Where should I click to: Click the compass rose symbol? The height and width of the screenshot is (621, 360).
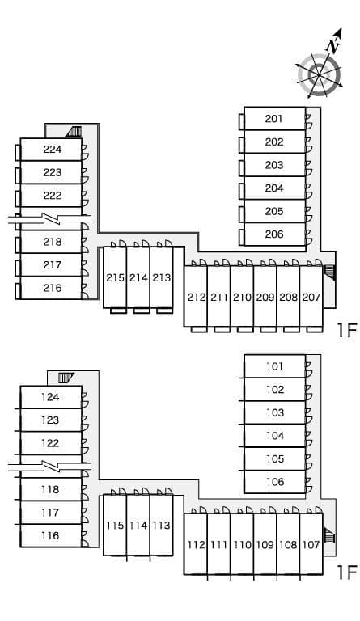click(320, 74)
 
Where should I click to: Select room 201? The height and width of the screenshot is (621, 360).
click(274, 119)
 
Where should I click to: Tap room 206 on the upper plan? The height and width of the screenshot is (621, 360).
click(274, 234)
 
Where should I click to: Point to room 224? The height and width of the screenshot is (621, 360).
click(52, 149)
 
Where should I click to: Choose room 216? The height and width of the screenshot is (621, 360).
click(52, 288)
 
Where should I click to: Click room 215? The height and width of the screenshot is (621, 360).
click(115, 277)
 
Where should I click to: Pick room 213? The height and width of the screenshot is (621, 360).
click(162, 277)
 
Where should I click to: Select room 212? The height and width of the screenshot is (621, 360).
click(197, 297)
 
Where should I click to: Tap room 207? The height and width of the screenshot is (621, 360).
click(311, 297)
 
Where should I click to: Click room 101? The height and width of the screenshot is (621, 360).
click(275, 366)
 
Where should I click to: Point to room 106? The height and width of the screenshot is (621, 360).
click(275, 482)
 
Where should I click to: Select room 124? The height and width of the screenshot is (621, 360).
click(51, 397)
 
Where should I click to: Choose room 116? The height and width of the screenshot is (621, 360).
click(51, 535)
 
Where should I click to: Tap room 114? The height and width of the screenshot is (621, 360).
click(138, 525)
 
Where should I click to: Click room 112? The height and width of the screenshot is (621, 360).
click(197, 544)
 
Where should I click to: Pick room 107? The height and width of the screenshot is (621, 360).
click(311, 544)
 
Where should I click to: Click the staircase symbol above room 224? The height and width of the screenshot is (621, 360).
click(75, 130)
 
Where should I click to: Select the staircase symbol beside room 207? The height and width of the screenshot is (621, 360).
click(329, 272)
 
